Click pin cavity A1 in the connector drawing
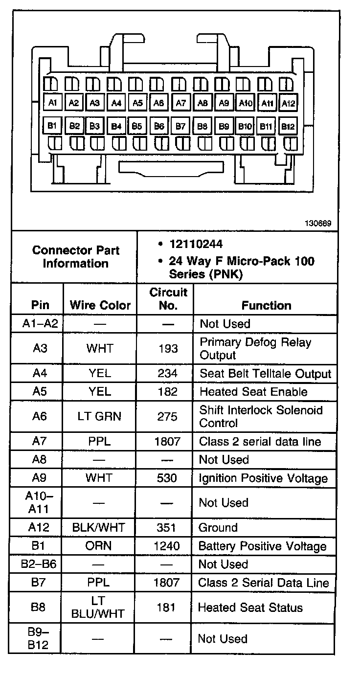coord(52,102)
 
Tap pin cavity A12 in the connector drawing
coord(288,103)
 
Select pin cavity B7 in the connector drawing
coord(180,126)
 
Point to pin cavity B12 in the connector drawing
coord(288,126)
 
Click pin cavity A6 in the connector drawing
coord(158,103)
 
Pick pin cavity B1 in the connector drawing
coord(52,125)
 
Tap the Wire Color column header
coord(100,305)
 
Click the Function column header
coord(266,305)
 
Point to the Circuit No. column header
coord(168,299)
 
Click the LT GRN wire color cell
coord(99,416)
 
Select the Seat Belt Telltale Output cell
coord(265,374)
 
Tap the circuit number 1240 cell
coord(167,546)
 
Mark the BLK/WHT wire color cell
coord(98,528)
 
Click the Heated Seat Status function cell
coord(250,607)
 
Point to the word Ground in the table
coord(218,528)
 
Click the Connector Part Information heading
coord(76,257)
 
